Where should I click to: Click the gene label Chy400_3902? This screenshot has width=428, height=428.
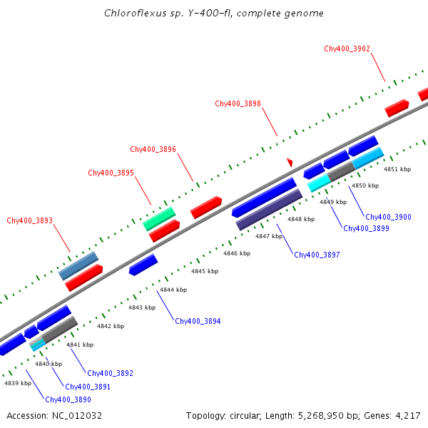coord(347,49)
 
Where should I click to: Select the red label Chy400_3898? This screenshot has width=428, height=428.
coord(238,103)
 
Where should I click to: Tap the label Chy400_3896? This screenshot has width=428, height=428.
coord(153,149)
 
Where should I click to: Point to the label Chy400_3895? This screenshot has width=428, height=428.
coord(111,173)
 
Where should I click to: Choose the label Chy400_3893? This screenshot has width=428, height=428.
coord(29,220)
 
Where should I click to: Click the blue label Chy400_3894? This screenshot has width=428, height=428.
coord(198,321)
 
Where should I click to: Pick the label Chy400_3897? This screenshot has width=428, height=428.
coord(317,255)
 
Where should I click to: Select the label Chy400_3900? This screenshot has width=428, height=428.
coord(388,217)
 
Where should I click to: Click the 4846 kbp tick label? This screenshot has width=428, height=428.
coord(237,253)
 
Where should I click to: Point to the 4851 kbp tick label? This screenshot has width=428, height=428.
coord(397,169)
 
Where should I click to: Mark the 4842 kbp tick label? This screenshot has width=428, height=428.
coord(111,326)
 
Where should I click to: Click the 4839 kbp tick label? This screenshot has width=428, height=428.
coord(18,383)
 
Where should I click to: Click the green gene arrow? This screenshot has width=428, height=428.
coord(159,218)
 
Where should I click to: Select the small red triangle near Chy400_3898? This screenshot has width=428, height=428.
coord(290,163)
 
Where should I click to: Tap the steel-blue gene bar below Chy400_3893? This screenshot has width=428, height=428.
coord(78,265)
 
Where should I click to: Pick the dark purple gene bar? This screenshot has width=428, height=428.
coord(269,210)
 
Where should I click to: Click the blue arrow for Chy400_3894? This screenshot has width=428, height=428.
coord(143,265)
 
